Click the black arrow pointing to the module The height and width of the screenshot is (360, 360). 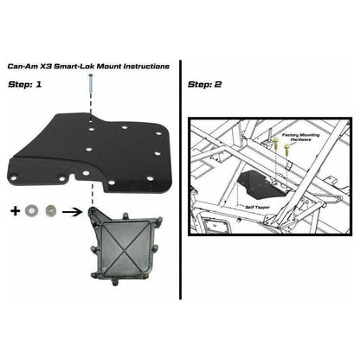[x=76, y=209]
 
